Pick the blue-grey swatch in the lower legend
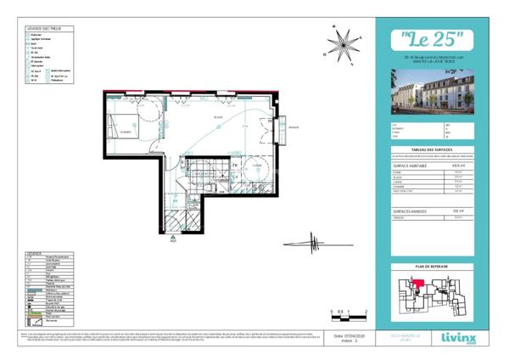[33, 290]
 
